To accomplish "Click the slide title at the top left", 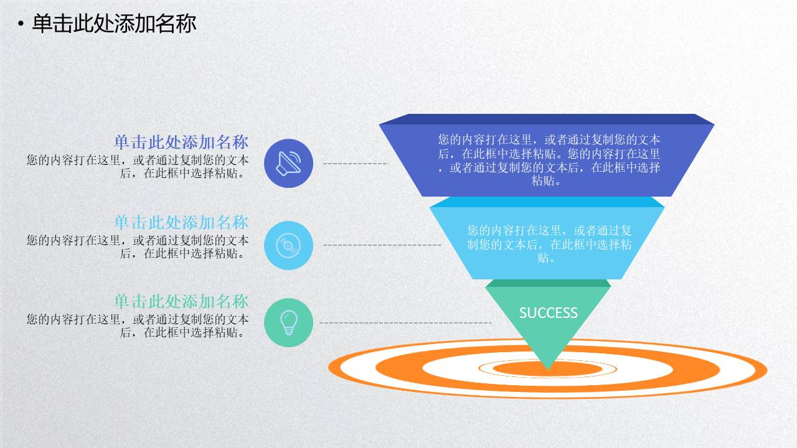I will tap(114, 24).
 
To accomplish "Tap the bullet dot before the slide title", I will tap(21, 24).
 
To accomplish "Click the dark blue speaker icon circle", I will tap(288, 163).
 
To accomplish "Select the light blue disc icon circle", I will tap(288, 245).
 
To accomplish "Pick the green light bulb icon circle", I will tap(288, 322).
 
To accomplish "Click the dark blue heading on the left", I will tap(181, 142).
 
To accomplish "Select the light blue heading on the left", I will tap(181, 222).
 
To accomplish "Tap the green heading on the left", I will tap(181, 302).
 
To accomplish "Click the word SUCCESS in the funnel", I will tap(548, 313).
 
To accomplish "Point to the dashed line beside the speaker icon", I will tap(355, 164).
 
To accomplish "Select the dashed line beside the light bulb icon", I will tap(405, 323).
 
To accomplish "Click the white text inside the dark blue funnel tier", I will tap(548, 160).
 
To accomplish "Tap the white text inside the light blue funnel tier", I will tap(549, 244).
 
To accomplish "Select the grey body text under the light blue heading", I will tap(137, 246).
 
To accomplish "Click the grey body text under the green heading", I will tap(137, 325).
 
